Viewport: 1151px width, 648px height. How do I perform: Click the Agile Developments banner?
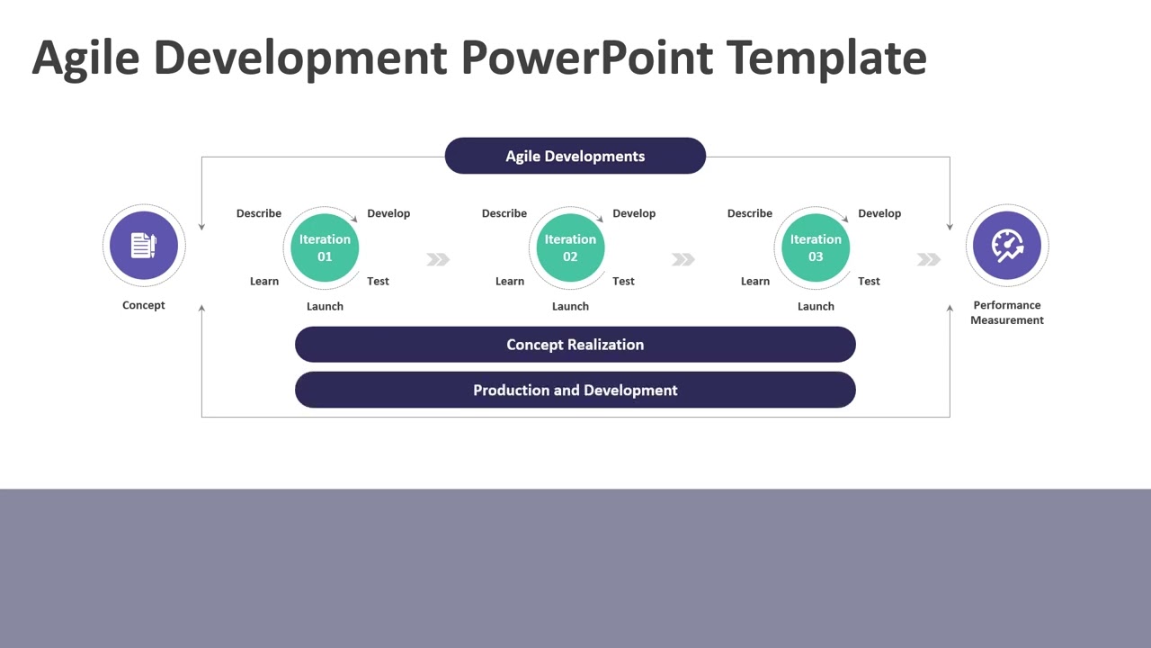coord(575,156)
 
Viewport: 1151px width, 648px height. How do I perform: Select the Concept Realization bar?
coord(575,345)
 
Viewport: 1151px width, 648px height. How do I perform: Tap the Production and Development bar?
coord(575,390)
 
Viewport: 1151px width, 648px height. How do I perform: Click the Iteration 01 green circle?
coord(325,247)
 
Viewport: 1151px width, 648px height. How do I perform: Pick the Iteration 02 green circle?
coord(570,247)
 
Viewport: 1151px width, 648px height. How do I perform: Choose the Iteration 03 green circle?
coord(816,247)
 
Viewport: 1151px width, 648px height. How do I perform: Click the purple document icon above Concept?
coord(144,245)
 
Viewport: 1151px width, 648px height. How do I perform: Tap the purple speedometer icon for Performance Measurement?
coord(1007,245)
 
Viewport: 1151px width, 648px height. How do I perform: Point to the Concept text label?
coord(144,305)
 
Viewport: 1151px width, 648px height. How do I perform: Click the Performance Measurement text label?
coord(1007,312)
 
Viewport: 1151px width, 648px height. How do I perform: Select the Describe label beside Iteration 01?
coord(259,213)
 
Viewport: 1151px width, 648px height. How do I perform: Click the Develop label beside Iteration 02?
coord(634,213)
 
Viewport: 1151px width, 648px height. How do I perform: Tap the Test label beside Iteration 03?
coord(869,281)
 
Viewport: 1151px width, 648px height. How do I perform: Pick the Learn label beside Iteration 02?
coord(510,281)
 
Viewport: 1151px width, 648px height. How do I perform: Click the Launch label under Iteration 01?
coord(325,306)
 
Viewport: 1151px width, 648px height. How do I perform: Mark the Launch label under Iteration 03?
coord(816,306)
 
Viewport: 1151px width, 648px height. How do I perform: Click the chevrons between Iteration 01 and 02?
coord(438,259)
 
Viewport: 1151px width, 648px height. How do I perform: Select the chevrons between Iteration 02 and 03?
coord(683,259)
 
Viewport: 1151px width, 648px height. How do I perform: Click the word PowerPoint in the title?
coord(587,57)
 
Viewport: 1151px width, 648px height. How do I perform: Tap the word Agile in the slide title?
coord(86,57)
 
